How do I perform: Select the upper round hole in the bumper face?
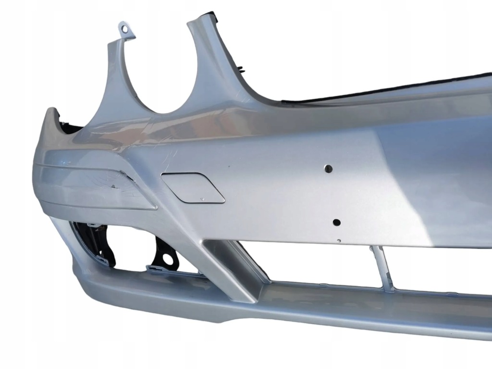pos(329,169)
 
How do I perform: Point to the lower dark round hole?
pos(336,222)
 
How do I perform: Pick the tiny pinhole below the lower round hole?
pos(339,240)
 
